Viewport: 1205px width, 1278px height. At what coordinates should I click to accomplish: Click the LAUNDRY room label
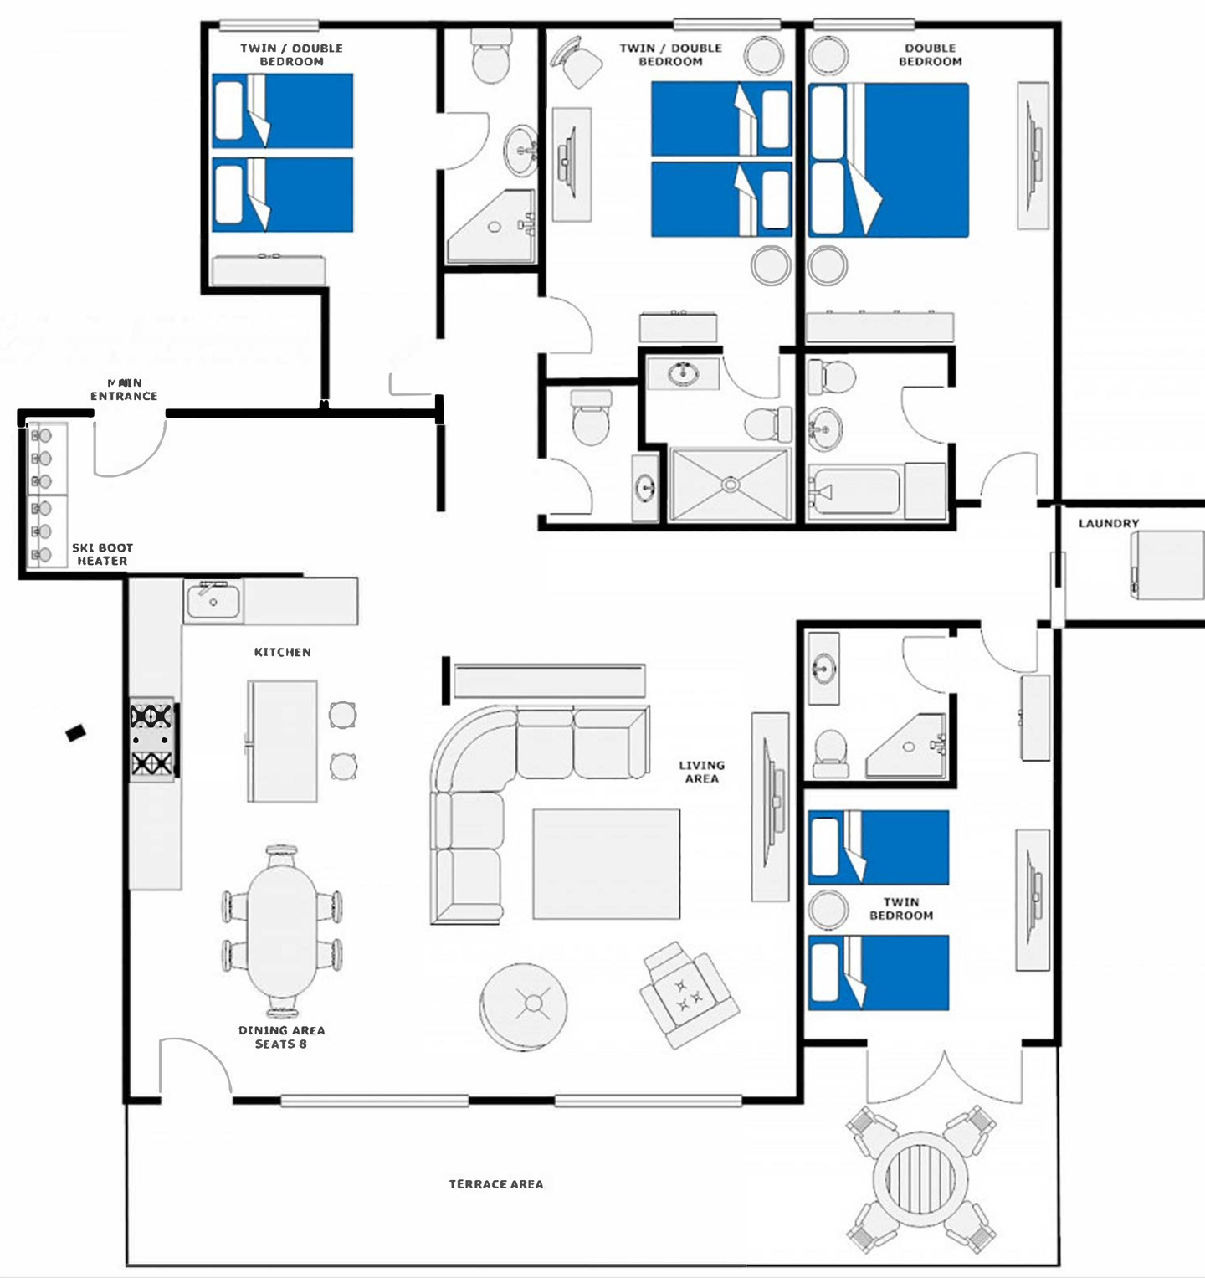pyautogui.click(x=1109, y=523)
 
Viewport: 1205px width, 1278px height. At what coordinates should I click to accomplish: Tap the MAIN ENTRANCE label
pyautogui.click(x=124, y=389)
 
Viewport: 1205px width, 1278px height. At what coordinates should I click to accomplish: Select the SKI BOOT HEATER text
pyautogui.click(x=102, y=554)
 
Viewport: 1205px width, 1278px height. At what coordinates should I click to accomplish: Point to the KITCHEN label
pyautogui.click(x=282, y=652)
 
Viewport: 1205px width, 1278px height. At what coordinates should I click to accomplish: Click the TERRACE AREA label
pyautogui.click(x=496, y=1183)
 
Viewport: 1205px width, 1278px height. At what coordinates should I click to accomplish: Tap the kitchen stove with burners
pyautogui.click(x=151, y=740)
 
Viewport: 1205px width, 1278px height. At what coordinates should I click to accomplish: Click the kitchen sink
pyautogui.click(x=213, y=601)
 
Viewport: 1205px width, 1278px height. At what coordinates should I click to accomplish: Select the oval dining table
pyautogui.click(x=282, y=930)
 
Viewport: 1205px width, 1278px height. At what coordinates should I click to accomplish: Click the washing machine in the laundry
pyautogui.click(x=1167, y=565)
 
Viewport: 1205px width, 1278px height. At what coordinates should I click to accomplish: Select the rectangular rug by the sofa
pyautogui.click(x=606, y=864)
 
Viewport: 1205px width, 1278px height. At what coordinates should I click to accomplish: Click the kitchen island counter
pyautogui.click(x=282, y=741)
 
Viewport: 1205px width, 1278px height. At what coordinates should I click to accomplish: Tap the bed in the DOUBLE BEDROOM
pyautogui.click(x=888, y=160)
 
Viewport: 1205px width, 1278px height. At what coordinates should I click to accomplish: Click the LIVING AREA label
pyautogui.click(x=701, y=772)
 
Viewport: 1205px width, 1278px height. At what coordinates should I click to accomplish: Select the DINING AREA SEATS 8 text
pyautogui.click(x=281, y=1037)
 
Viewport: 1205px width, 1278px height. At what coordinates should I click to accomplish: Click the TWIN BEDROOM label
pyautogui.click(x=900, y=909)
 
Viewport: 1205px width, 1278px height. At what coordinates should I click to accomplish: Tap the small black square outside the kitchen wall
pyautogui.click(x=75, y=732)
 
